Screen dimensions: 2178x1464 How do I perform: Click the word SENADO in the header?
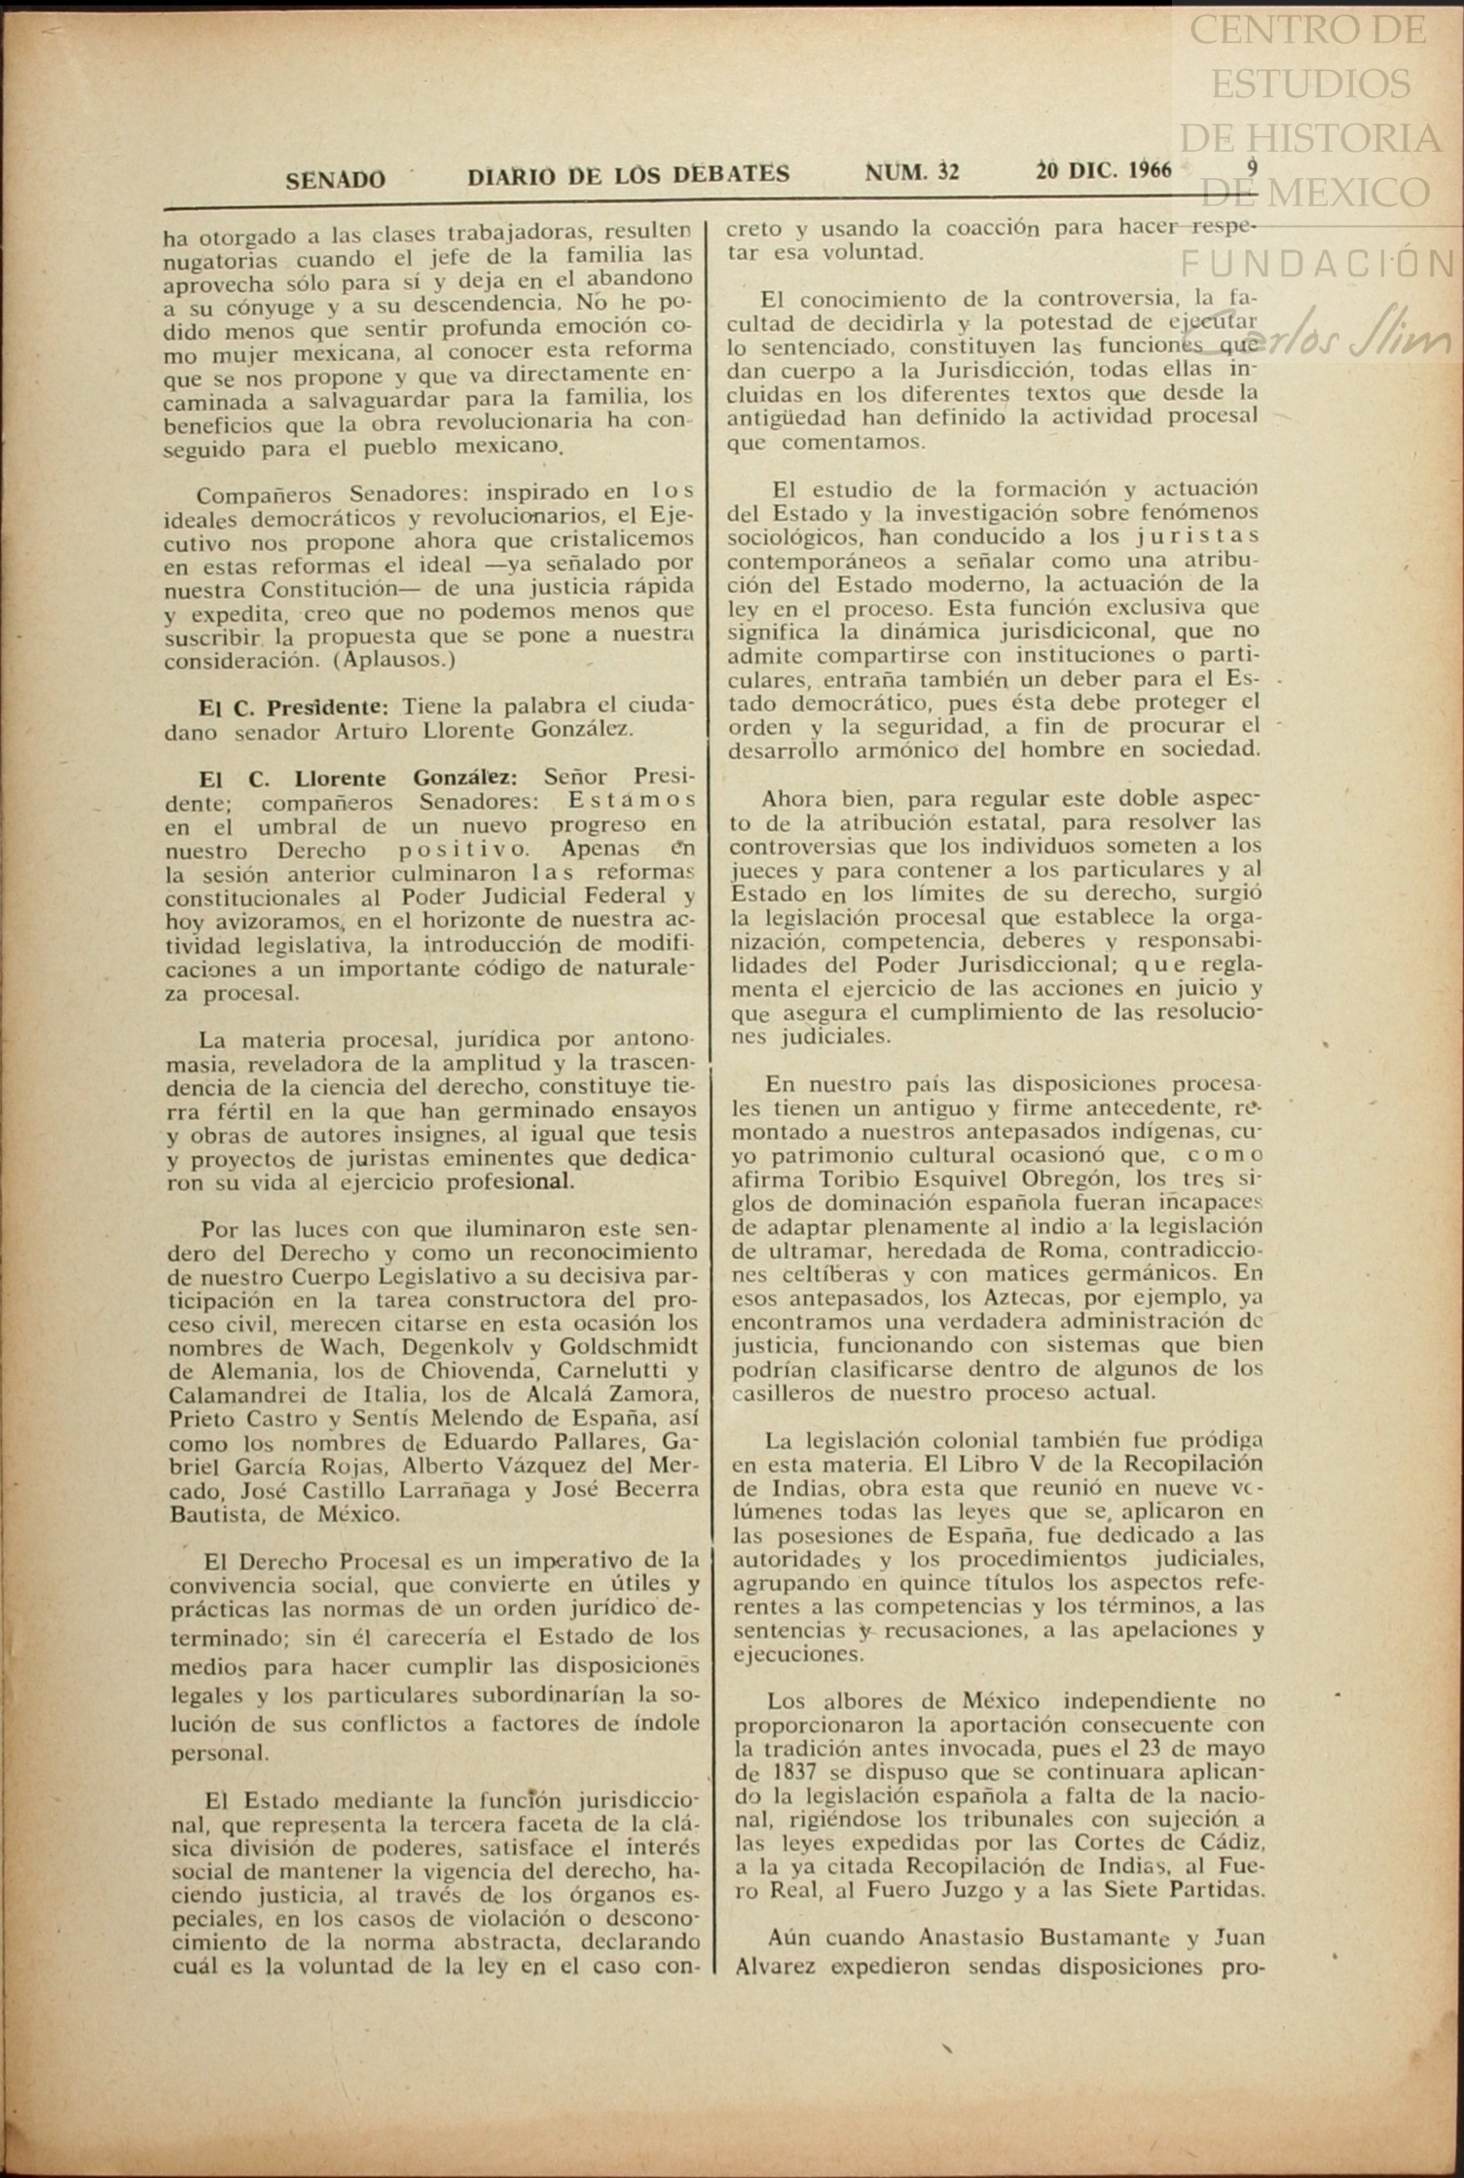coord(335,179)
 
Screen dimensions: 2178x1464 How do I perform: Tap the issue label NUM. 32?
coord(912,173)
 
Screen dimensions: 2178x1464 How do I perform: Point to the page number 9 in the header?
coord(1253,167)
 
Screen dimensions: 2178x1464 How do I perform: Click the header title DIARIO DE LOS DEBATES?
coord(629,175)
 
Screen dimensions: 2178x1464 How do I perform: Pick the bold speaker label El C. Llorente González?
coord(357,779)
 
